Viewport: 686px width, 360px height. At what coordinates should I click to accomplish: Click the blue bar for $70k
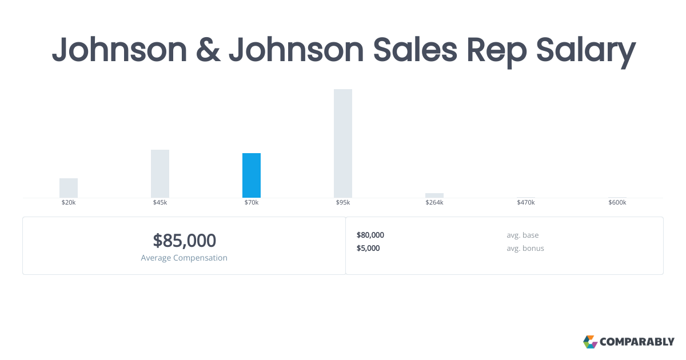coord(252,175)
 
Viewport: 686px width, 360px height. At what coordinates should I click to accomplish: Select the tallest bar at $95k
coord(343,143)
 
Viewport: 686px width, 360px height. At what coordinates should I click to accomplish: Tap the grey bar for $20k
coord(69,188)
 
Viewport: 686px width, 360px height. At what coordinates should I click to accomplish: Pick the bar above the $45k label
coord(160,174)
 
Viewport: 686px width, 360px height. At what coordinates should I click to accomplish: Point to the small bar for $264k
coord(434,195)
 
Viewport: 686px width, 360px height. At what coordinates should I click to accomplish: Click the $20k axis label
coord(69,203)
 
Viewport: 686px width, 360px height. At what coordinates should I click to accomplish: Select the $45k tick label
coord(160,203)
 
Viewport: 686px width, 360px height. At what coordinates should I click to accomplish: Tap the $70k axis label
coord(252,203)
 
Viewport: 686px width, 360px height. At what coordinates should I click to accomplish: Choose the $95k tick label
coord(343,203)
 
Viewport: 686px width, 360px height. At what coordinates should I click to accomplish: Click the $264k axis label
coord(434,203)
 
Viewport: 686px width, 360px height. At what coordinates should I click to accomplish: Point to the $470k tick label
coord(526,203)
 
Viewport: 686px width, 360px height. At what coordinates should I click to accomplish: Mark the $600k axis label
coord(617,203)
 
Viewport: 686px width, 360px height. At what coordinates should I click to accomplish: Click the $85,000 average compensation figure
coord(184,241)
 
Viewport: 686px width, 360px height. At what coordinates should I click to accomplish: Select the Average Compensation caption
coord(184,258)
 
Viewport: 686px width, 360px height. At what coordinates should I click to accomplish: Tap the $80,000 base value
coord(370,235)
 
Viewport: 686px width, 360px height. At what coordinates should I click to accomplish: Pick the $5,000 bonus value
coord(368,248)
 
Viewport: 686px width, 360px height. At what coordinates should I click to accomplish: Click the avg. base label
coord(523,235)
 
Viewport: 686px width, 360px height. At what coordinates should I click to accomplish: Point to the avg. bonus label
coord(525,248)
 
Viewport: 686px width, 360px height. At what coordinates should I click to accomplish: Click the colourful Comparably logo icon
coord(590,342)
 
